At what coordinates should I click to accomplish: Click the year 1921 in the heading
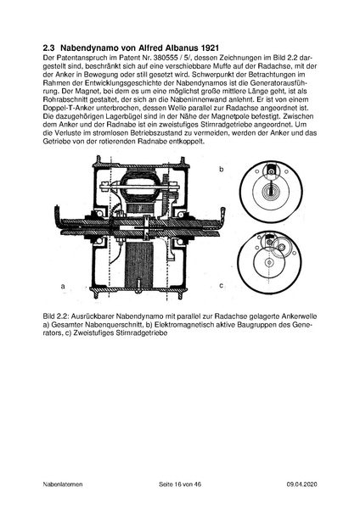(x=210, y=48)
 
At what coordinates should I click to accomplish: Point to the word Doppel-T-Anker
(x=64, y=108)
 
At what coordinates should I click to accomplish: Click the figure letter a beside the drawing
(x=63, y=287)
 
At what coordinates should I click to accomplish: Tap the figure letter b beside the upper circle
(x=222, y=170)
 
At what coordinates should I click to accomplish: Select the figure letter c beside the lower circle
(x=222, y=286)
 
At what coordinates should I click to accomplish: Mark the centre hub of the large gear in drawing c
(x=268, y=261)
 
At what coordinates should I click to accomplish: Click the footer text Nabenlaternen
(x=63, y=484)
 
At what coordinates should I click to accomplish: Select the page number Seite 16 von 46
(x=180, y=484)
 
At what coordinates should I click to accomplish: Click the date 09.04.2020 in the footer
(x=302, y=484)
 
